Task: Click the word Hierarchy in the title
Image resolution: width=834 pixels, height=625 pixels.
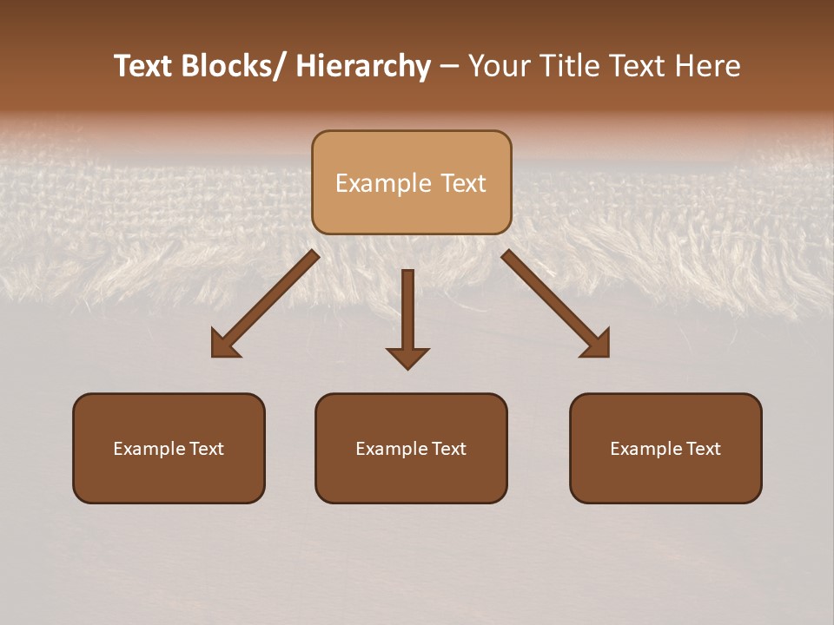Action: (363, 66)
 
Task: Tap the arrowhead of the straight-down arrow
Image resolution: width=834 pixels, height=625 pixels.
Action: (407, 358)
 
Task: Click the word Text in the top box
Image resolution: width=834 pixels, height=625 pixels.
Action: (465, 183)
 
